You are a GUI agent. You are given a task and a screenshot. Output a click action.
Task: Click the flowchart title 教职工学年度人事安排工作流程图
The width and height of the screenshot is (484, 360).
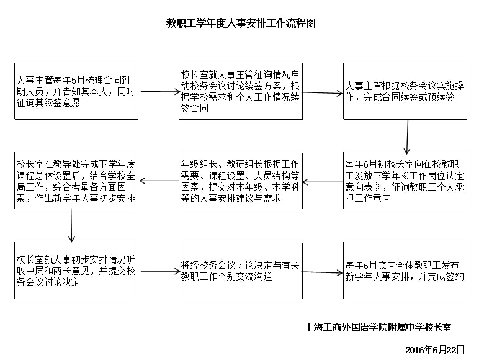click(x=241, y=24)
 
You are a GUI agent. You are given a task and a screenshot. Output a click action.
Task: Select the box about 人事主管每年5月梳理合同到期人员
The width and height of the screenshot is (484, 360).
click(x=76, y=91)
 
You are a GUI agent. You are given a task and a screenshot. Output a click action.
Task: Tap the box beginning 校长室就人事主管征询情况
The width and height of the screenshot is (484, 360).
click(x=241, y=91)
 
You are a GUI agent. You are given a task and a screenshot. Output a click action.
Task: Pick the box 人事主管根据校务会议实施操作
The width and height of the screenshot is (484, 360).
click(x=405, y=91)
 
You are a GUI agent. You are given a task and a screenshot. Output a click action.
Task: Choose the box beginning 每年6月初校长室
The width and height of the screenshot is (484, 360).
click(x=405, y=181)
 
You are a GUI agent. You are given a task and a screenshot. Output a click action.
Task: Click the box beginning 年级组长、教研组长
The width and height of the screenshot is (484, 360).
click(x=241, y=181)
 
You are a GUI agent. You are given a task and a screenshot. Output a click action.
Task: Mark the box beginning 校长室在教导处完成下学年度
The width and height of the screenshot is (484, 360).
click(x=76, y=181)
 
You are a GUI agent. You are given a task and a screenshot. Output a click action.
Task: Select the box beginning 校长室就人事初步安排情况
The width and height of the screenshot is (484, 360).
click(x=76, y=271)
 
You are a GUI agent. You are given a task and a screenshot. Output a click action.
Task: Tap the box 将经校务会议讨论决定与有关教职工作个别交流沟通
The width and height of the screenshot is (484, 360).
click(x=241, y=271)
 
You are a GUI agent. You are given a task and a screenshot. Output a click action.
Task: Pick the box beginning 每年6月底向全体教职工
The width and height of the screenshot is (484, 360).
click(x=405, y=271)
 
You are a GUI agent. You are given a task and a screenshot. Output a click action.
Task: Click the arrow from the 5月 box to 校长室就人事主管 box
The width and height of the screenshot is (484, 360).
click(x=160, y=92)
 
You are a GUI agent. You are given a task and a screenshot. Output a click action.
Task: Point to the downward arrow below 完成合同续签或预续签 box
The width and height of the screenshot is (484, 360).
click(x=408, y=137)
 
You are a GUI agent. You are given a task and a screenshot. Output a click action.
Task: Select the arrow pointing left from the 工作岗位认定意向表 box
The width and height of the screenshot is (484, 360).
click(x=323, y=182)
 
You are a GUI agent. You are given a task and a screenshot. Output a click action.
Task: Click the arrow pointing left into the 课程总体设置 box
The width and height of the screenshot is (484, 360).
click(x=159, y=181)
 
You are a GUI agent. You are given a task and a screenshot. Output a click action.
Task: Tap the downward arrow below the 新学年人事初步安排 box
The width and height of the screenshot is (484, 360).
click(x=71, y=225)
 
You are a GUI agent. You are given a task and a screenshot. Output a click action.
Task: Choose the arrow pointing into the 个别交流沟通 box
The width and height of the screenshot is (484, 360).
click(x=160, y=271)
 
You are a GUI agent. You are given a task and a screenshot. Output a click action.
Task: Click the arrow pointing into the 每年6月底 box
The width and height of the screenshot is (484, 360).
click(x=322, y=272)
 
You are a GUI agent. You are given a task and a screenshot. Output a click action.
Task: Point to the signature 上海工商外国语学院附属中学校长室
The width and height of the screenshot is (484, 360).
click(x=378, y=327)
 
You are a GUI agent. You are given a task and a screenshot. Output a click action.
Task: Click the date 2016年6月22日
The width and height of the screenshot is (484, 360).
click(x=435, y=349)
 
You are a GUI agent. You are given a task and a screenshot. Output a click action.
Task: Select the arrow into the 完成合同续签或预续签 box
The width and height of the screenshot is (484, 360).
click(x=322, y=93)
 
